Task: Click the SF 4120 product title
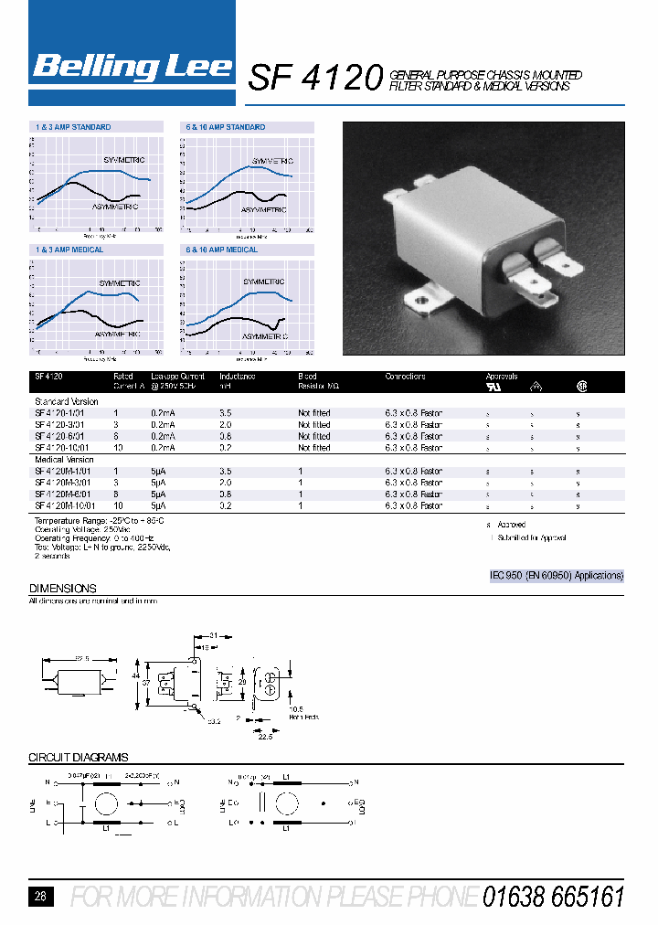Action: [x=313, y=80]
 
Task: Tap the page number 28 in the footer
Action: [x=40, y=897]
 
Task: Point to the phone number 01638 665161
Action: [x=554, y=897]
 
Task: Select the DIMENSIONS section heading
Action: [x=63, y=589]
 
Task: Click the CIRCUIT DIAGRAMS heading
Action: [x=79, y=758]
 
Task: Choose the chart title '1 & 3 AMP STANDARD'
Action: [x=73, y=127]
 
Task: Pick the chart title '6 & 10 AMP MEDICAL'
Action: [x=222, y=250]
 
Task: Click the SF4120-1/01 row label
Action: [x=61, y=413]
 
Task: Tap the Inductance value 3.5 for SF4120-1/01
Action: [x=226, y=413]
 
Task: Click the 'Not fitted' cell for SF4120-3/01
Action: [x=314, y=425]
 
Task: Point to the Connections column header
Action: [x=405, y=377]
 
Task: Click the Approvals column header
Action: [x=502, y=377]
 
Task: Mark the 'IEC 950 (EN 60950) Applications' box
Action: [x=557, y=576]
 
